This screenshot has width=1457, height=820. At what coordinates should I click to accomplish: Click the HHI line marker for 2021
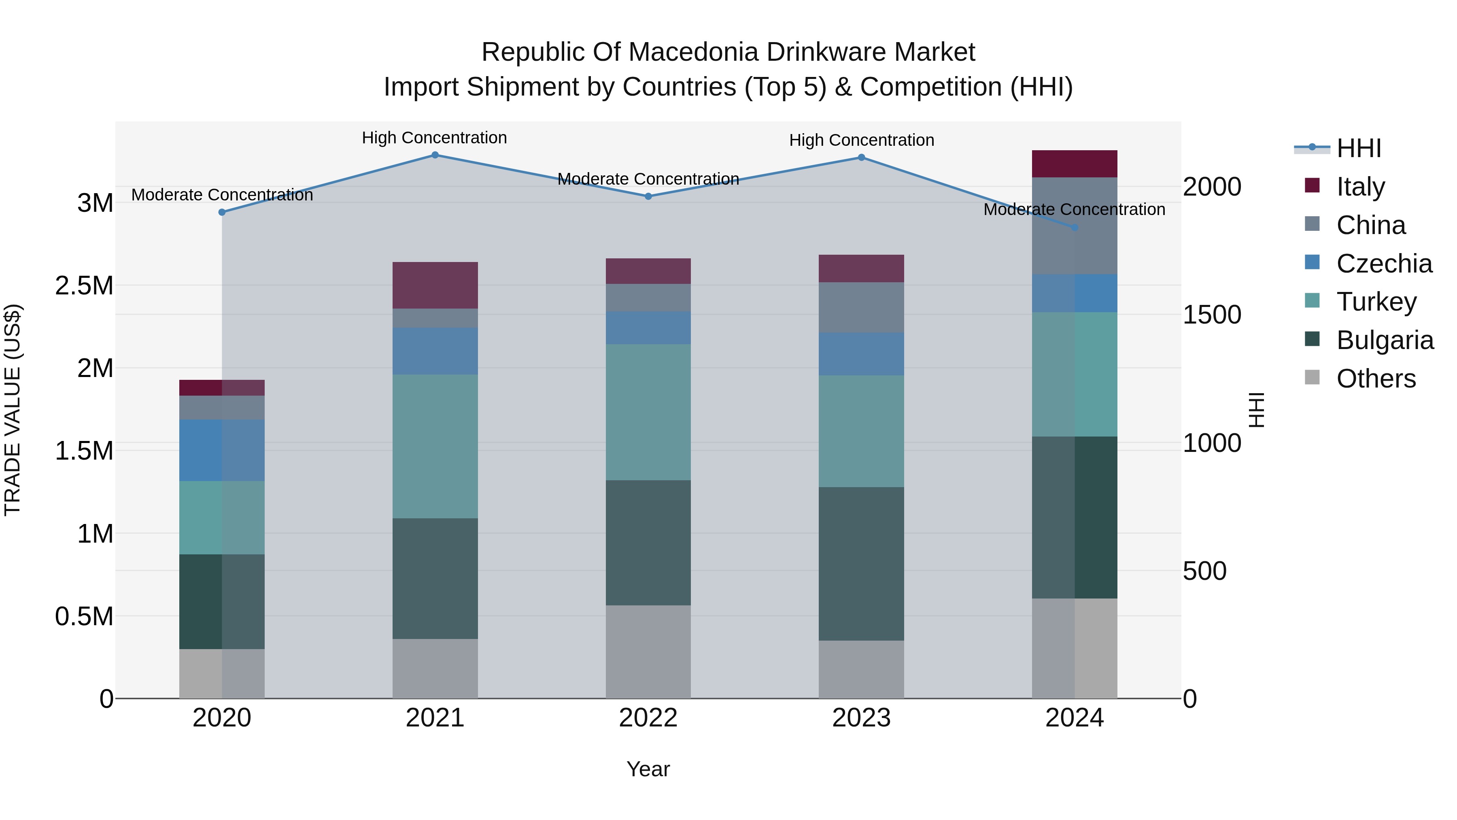435,155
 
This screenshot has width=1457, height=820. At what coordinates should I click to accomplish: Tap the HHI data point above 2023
861,158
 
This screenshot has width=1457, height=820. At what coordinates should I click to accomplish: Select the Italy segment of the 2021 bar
435,285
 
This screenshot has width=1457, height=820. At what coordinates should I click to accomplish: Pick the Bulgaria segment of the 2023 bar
861,564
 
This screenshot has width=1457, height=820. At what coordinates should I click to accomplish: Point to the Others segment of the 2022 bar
648,652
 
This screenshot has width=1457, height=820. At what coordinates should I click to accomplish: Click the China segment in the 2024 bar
1075,226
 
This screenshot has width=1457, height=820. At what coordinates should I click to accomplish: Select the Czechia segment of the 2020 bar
222,450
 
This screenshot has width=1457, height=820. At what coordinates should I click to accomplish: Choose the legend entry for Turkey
1376,302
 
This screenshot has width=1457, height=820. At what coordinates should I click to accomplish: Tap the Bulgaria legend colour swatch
1312,340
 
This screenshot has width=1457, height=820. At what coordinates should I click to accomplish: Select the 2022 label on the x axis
648,718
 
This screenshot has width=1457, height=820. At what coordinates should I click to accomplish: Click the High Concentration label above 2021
434,138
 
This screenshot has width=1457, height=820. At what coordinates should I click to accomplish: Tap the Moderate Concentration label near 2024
1074,209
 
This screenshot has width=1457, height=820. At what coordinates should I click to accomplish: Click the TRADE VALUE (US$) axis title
13,410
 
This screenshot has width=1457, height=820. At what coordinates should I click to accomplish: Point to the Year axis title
648,769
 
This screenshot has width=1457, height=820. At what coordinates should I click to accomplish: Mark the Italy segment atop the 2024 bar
1075,164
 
